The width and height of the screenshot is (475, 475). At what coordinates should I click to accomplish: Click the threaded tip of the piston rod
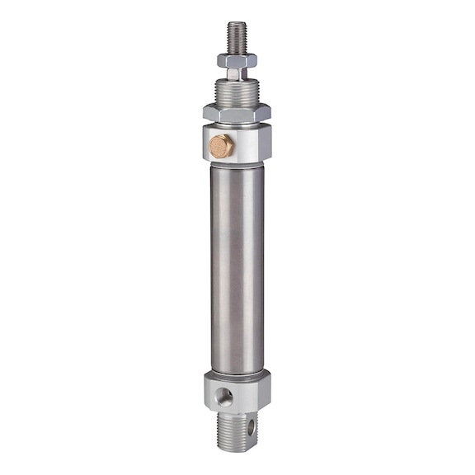coord(237,37)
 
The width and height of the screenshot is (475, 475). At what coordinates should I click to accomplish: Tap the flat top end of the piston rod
coord(237,23)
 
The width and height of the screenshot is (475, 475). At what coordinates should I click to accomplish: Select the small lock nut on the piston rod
coord(237,60)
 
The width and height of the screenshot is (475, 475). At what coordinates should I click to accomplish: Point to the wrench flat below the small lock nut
coord(235,74)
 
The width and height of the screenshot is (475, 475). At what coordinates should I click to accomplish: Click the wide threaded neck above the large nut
coord(237,92)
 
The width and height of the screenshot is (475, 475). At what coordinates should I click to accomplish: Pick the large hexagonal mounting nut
coord(237,111)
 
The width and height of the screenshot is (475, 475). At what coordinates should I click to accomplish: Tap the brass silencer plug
coord(221,146)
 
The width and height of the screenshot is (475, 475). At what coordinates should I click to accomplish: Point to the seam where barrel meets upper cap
coord(237,164)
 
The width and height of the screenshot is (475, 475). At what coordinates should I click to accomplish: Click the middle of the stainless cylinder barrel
coord(237,264)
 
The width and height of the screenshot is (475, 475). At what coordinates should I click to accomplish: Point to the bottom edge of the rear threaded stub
coord(237,450)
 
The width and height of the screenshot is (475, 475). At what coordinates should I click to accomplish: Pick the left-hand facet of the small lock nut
coord(223,60)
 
